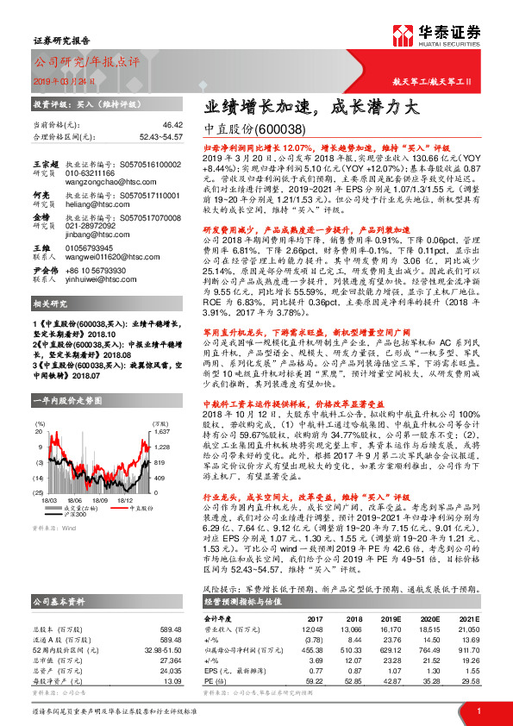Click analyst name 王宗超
pyautogui.click(x=44, y=164)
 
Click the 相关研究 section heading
pyautogui.click(x=50, y=304)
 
